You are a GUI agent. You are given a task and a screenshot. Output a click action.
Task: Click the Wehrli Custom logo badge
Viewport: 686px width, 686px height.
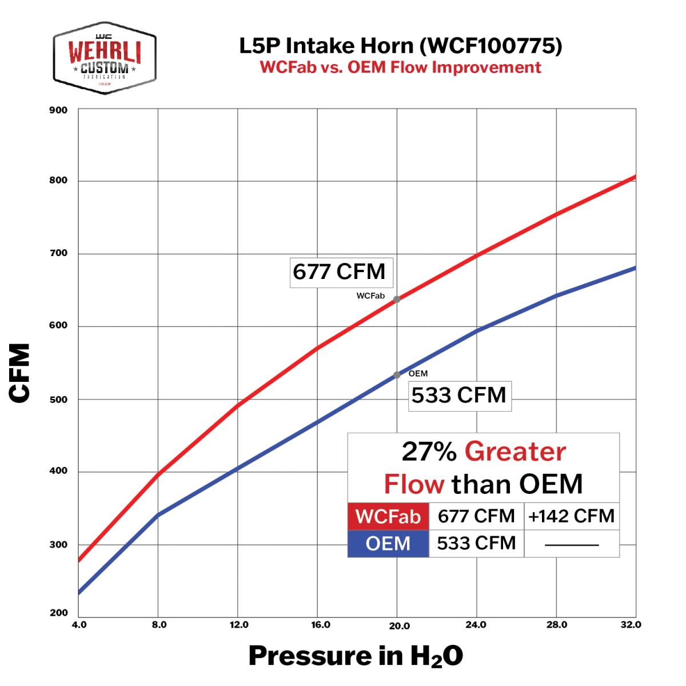point(105,58)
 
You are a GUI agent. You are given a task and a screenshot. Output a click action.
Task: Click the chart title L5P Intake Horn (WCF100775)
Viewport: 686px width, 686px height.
point(400,46)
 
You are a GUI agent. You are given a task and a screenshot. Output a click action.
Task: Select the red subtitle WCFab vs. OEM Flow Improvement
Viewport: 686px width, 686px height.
point(400,67)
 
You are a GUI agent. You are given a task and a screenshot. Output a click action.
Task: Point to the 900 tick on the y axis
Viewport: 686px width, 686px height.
point(58,110)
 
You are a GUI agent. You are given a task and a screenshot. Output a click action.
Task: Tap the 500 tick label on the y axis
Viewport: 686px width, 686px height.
point(58,400)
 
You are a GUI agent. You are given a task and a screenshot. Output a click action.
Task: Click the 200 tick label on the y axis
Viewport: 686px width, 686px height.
point(58,613)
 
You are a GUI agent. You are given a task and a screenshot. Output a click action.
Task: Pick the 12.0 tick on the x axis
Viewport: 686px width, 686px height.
point(238,625)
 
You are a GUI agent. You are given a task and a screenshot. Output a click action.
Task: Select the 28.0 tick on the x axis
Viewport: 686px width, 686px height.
point(556,625)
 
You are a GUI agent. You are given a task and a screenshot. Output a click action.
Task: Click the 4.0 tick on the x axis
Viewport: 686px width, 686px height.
point(79,625)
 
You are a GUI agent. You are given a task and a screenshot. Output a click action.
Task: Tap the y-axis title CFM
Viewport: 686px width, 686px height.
point(20,373)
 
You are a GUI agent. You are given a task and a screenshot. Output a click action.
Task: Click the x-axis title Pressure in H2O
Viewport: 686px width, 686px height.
point(356,656)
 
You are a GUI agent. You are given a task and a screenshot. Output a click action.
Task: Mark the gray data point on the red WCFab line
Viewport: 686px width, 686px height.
point(397,299)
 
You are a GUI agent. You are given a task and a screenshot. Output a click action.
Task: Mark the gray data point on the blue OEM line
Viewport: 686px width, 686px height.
point(397,375)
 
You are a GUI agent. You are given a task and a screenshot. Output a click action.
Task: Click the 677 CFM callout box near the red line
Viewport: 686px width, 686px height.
point(340,272)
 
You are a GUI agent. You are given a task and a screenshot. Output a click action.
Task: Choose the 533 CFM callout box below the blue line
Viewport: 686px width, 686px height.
point(459,396)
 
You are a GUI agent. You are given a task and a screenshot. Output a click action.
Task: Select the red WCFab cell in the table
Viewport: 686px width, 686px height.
point(388,516)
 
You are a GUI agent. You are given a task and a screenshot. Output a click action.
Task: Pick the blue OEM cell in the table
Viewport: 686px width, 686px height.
point(388,543)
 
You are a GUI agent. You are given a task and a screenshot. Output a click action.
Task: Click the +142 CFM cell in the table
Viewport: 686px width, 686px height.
point(571,516)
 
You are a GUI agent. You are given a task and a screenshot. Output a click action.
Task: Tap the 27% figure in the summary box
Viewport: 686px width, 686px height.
point(429,452)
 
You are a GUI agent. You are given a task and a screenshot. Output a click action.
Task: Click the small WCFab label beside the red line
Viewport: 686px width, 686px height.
point(370,296)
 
